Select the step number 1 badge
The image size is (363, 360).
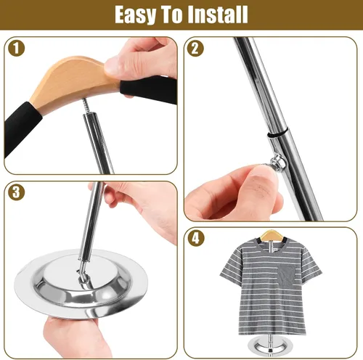point(17,48)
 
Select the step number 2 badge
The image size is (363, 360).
point(195,49)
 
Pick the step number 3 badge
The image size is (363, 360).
point(17,192)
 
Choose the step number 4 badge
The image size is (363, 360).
point(195,238)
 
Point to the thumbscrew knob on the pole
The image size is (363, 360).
point(277,161)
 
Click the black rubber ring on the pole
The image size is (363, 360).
point(278,133)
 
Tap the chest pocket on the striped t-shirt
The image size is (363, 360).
point(287,276)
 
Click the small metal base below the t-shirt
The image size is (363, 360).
point(266,344)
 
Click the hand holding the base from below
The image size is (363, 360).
point(73,335)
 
